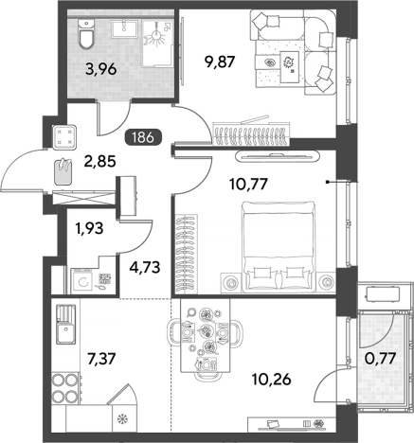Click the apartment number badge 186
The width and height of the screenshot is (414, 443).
(x=144, y=138)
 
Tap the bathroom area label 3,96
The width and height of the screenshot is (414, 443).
(x=101, y=69)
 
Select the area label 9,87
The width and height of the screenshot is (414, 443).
(x=220, y=62)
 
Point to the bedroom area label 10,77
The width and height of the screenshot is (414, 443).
(x=249, y=184)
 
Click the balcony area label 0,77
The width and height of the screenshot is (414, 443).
(x=380, y=358)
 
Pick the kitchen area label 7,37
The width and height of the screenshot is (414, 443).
(x=101, y=359)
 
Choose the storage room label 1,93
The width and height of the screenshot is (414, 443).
(x=89, y=228)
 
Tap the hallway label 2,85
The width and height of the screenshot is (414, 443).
(x=100, y=162)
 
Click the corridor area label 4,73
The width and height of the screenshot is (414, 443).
(x=145, y=268)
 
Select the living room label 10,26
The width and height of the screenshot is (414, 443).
(x=272, y=380)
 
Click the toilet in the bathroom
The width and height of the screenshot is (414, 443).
(x=86, y=34)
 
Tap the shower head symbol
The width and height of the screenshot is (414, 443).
(x=156, y=36)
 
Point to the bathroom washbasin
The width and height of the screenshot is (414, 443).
(x=125, y=28)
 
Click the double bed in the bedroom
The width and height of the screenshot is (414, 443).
(x=279, y=247)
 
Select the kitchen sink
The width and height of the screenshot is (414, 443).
(x=66, y=324)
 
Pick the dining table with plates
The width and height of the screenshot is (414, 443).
(x=206, y=335)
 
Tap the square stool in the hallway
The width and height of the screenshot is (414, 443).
(x=64, y=137)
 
